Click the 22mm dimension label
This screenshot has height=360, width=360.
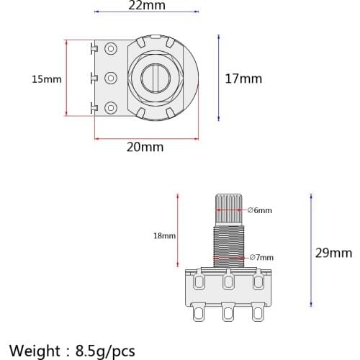[146, 6]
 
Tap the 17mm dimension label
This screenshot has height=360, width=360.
[243, 78]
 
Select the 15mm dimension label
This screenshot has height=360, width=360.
[47, 78]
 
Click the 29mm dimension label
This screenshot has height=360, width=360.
[334, 252]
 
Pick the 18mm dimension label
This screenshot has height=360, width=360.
[164, 235]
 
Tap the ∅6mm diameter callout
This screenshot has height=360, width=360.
[260, 210]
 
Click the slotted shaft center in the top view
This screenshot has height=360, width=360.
[157, 78]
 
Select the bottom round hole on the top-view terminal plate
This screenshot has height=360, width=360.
[111, 108]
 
